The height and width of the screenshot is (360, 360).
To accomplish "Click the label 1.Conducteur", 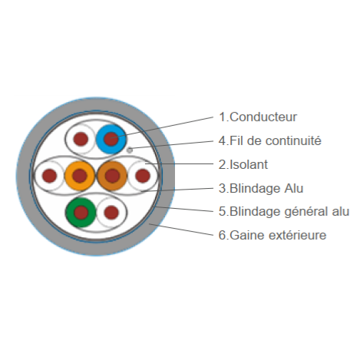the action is (x=258, y=117).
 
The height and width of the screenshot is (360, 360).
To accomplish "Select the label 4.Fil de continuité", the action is (x=270, y=140).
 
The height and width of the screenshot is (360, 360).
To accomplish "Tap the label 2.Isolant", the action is (x=243, y=164).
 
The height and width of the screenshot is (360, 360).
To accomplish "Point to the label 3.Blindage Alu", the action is (x=261, y=188).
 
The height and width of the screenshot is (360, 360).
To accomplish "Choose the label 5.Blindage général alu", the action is (x=284, y=212).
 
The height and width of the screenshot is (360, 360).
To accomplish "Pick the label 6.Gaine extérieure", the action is (x=272, y=235).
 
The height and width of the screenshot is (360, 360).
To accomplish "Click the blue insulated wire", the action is (x=111, y=139).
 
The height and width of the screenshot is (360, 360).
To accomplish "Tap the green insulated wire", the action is (x=81, y=212).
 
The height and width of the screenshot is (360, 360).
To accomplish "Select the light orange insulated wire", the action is (x=80, y=176).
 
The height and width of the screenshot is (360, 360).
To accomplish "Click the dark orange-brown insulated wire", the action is (x=112, y=176).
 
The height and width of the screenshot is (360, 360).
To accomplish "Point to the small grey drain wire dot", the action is (x=130, y=150).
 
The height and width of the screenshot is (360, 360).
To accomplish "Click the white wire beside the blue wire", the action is (x=81, y=139).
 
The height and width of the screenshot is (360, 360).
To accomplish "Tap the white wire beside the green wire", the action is (x=111, y=212).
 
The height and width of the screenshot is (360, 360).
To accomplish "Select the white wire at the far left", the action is (x=49, y=176).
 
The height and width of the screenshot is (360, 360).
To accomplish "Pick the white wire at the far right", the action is (x=143, y=176).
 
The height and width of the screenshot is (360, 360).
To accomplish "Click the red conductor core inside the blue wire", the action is (x=111, y=139).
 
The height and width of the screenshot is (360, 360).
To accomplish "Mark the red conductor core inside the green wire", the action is (x=81, y=212).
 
